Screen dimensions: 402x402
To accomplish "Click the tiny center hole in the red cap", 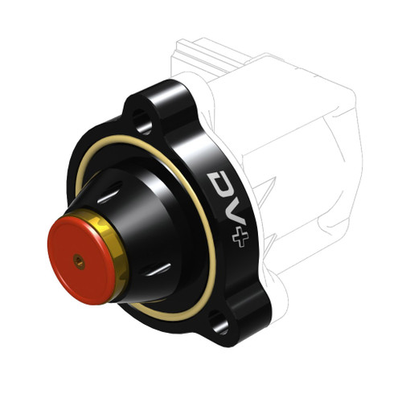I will [x=79, y=260].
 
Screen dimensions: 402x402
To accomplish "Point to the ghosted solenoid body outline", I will [x=306, y=161].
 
